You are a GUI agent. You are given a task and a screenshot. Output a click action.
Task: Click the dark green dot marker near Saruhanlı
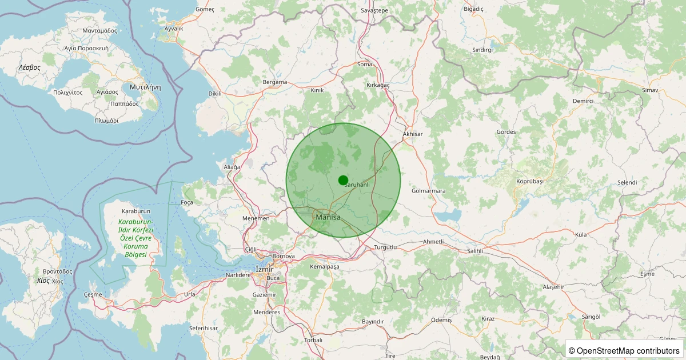(x=343, y=180)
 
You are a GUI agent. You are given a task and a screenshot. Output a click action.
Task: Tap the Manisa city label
(x=328, y=217)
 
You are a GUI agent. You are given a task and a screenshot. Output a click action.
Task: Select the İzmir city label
(x=265, y=269)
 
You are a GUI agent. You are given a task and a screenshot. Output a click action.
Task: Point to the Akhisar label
(x=412, y=134)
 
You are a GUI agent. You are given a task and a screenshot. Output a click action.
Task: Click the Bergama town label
(x=274, y=82)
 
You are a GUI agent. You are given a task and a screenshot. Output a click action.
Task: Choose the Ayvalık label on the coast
(x=174, y=29)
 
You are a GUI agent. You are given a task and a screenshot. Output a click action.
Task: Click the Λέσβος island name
(x=29, y=67)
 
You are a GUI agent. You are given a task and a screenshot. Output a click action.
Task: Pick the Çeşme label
(x=93, y=294)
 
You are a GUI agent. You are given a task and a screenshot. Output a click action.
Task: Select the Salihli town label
(x=476, y=251)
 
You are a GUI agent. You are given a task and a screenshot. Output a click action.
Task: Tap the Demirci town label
(x=583, y=101)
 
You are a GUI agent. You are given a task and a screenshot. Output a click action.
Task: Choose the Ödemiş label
(x=441, y=320)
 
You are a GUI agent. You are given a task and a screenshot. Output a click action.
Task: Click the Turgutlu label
(x=385, y=247)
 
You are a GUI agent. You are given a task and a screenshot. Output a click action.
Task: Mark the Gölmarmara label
(x=428, y=191)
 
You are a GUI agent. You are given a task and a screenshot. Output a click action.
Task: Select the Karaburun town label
(x=135, y=211)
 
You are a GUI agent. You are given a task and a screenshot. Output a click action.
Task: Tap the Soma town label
(x=365, y=64)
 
